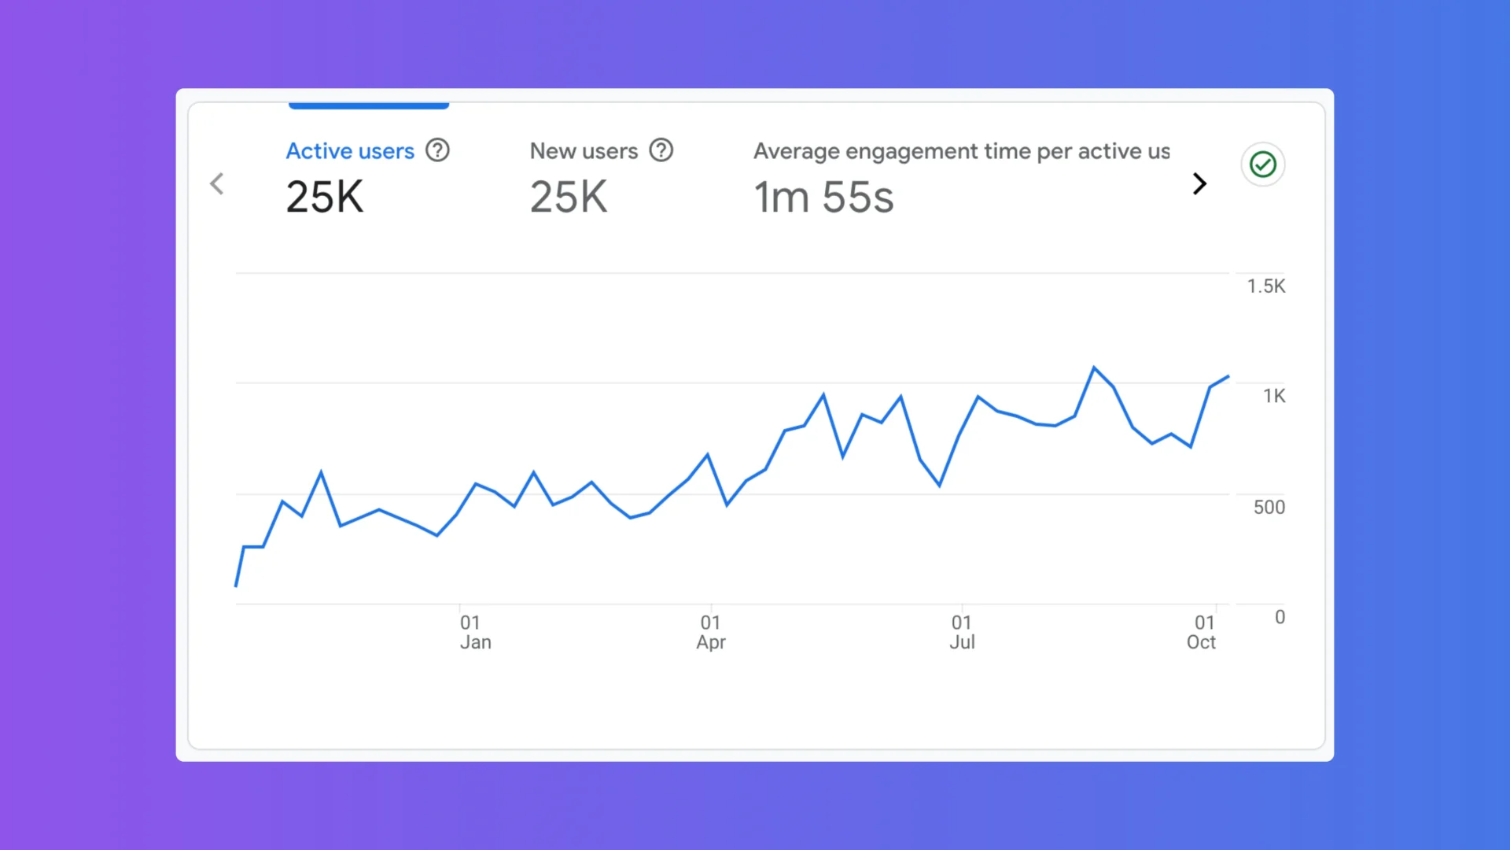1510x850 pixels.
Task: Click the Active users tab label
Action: tap(349, 151)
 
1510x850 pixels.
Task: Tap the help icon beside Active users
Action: tap(437, 150)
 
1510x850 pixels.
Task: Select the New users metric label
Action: tap(584, 151)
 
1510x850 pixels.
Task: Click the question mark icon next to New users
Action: tap(661, 150)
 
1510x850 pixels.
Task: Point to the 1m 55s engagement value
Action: tap(823, 197)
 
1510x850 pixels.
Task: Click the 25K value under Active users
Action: tap(324, 197)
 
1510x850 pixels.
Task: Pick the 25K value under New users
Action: tap(568, 197)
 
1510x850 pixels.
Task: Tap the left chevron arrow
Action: tap(217, 184)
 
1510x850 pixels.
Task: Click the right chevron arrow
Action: tap(1199, 184)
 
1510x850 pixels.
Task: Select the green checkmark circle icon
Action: tap(1262, 164)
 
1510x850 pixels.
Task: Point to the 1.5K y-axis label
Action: tap(1265, 286)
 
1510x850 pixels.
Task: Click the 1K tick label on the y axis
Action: tap(1274, 396)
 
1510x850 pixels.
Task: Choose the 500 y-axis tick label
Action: tap(1269, 508)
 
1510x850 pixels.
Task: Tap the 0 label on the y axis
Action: tap(1280, 617)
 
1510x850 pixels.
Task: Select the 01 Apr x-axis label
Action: tap(711, 632)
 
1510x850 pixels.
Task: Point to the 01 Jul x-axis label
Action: tap(962, 632)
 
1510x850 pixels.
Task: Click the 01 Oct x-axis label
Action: tap(1201, 632)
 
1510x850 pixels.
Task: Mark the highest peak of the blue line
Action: tap(1094, 368)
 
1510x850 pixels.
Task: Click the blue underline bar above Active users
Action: tap(368, 105)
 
